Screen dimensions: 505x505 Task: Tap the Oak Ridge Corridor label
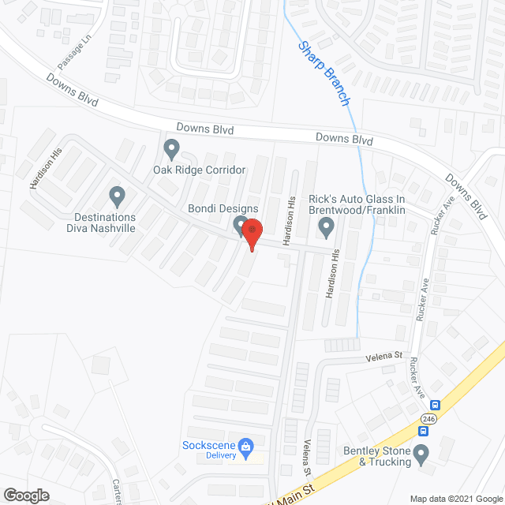coord(200,170)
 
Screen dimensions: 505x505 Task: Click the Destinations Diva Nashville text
coord(106,223)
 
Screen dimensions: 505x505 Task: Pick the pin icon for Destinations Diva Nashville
coord(117,194)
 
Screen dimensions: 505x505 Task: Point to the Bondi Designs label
coord(223,208)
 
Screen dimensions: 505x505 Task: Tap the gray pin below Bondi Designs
coord(240,227)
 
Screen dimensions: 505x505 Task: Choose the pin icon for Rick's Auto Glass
coord(325,227)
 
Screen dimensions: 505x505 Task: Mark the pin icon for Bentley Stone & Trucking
coord(421,454)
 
